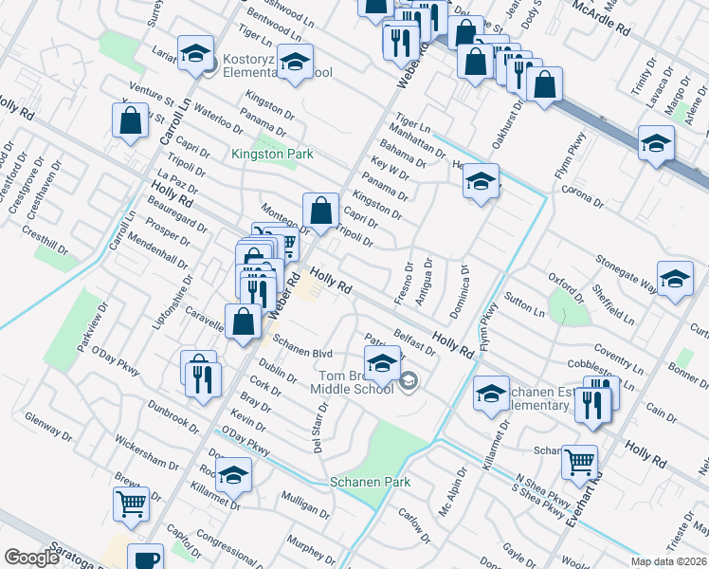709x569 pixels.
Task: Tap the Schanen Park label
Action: point(370,482)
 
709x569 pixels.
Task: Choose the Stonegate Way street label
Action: point(627,270)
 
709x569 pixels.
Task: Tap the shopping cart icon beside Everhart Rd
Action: point(580,462)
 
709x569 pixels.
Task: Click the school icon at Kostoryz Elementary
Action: point(196,56)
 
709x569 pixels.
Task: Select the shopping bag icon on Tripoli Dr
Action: point(321,210)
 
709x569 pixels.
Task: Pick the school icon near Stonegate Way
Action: point(675,280)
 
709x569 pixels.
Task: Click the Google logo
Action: point(32,558)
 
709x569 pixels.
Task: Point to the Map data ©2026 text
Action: point(669,561)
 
